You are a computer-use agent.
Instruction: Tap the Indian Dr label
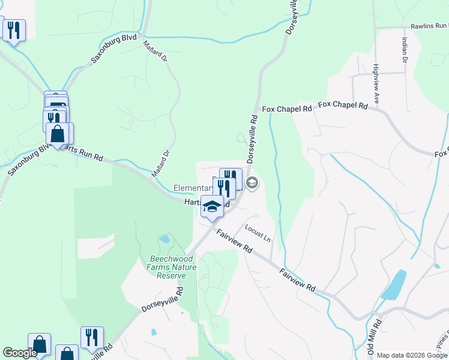point(404,49)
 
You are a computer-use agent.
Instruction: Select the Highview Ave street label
point(376,85)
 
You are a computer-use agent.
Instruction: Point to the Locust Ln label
point(258,233)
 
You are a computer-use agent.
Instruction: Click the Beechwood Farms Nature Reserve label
point(172,267)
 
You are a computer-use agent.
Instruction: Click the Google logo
point(19,353)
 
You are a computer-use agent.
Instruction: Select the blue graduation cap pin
point(211,207)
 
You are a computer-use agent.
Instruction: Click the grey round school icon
point(252,182)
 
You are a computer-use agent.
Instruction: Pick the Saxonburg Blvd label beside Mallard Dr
point(113,50)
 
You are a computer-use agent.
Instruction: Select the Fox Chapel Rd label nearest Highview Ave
point(343,106)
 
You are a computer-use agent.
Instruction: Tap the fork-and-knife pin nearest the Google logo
point(92,337)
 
